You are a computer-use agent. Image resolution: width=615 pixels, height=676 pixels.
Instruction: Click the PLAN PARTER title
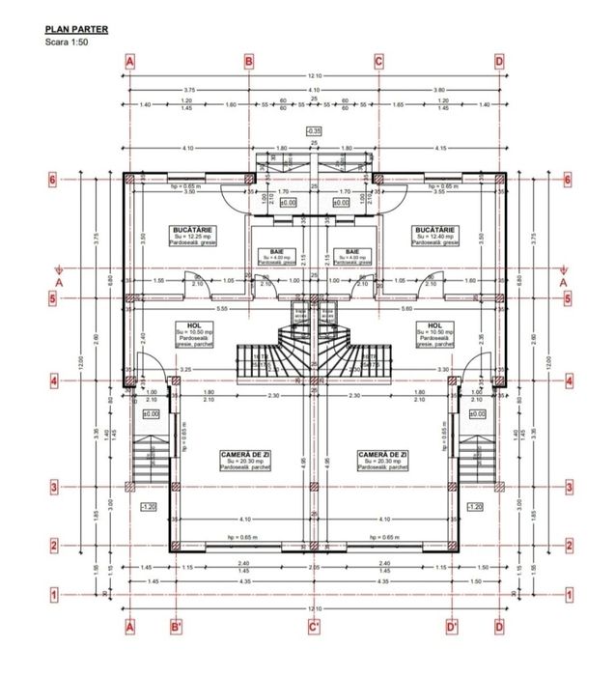pos(75,30)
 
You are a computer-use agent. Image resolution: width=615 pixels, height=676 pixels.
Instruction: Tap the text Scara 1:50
pos(65,43)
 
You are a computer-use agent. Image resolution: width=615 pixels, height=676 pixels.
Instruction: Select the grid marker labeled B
pos(248,62)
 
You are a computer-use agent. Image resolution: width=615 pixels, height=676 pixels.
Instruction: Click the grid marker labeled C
pos(378,62)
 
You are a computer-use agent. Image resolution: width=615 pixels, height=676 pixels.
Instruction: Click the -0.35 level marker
pos(313,129)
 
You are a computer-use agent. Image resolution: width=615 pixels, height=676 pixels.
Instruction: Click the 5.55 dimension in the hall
pos(221,308)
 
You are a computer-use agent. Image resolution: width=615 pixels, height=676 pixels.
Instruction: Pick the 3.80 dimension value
pos(439,90)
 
